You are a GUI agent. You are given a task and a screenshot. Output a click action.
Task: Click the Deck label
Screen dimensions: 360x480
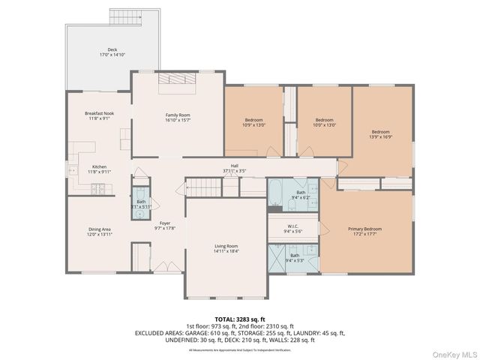(x=112, y=49)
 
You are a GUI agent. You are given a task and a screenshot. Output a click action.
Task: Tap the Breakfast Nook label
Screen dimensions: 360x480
(x=99, y=112)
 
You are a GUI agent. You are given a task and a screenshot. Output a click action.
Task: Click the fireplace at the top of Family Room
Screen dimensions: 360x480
(x=178, y=80)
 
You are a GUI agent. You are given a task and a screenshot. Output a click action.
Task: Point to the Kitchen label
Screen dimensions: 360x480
(x=99, y=166)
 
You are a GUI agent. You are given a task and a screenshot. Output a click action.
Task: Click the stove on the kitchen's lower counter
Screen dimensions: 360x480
(x=99, y=189)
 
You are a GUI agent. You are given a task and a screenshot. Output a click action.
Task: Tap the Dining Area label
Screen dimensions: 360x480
(x=99, y=229)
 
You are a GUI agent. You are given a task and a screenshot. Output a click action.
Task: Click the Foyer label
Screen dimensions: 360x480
(x=165, y=223)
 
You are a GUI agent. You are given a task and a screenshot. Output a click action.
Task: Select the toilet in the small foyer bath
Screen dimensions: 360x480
(x=139, y=214)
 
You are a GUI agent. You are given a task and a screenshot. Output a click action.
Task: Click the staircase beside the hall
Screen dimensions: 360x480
(x=201, y=187)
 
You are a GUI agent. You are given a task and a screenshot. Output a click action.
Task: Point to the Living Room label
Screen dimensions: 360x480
(x=226, y=246)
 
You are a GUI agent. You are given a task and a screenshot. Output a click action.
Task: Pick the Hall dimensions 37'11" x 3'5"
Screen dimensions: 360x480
(x=234, y=172)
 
